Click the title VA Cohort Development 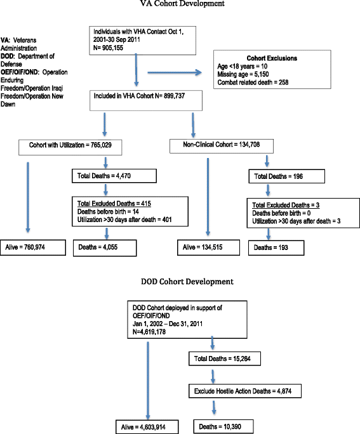(180, 5)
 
